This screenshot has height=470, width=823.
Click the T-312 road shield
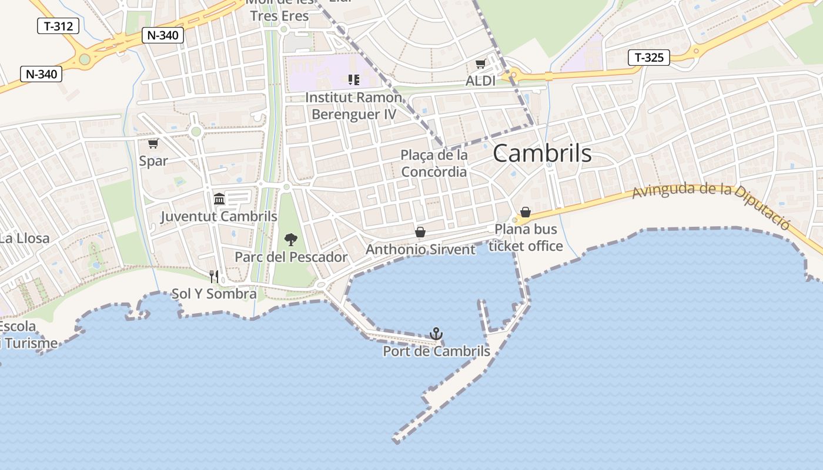point(58,26)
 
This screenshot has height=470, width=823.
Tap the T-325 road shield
point(649,57)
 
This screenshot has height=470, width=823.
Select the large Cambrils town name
point(542,153)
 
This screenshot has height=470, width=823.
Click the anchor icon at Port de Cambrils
point(436,334)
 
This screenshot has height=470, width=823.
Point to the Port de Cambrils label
point(436,351)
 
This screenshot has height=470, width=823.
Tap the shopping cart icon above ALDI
point(480,64)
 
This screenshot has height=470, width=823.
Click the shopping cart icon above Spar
point(153,143)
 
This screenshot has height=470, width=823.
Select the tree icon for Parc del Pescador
point(290,239)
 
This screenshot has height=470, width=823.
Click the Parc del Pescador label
point(291,257)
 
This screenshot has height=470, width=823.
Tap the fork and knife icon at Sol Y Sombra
point(214,276)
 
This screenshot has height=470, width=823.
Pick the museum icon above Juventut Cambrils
point(219,199)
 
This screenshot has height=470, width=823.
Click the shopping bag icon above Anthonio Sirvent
point(420,232)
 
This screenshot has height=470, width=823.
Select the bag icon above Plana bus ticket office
point(526,212)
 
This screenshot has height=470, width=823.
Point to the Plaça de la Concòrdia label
point(434,163)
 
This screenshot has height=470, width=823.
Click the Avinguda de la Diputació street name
point(711,203)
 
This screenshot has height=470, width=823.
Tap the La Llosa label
point(24,239)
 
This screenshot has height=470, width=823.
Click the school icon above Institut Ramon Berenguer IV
point(353,79)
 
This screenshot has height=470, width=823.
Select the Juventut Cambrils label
point(219,217)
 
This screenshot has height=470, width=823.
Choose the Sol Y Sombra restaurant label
point(214,294)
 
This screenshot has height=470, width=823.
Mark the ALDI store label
point(480,81)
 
